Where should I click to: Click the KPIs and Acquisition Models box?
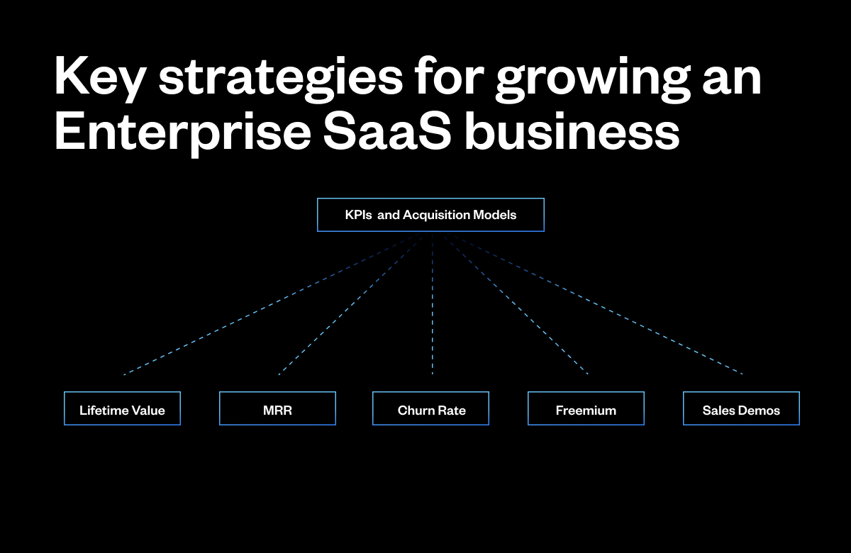click(430, 215)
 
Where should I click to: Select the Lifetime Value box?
click(122, 409)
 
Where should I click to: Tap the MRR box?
click(277, 409)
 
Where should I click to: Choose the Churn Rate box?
click(431, 409)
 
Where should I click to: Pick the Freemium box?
click(586, 409)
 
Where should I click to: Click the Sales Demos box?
click(741, 409)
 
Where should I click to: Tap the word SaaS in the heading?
click(386, 131)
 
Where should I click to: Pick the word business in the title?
click(572, 131)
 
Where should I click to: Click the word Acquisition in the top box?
click(435, 215)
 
